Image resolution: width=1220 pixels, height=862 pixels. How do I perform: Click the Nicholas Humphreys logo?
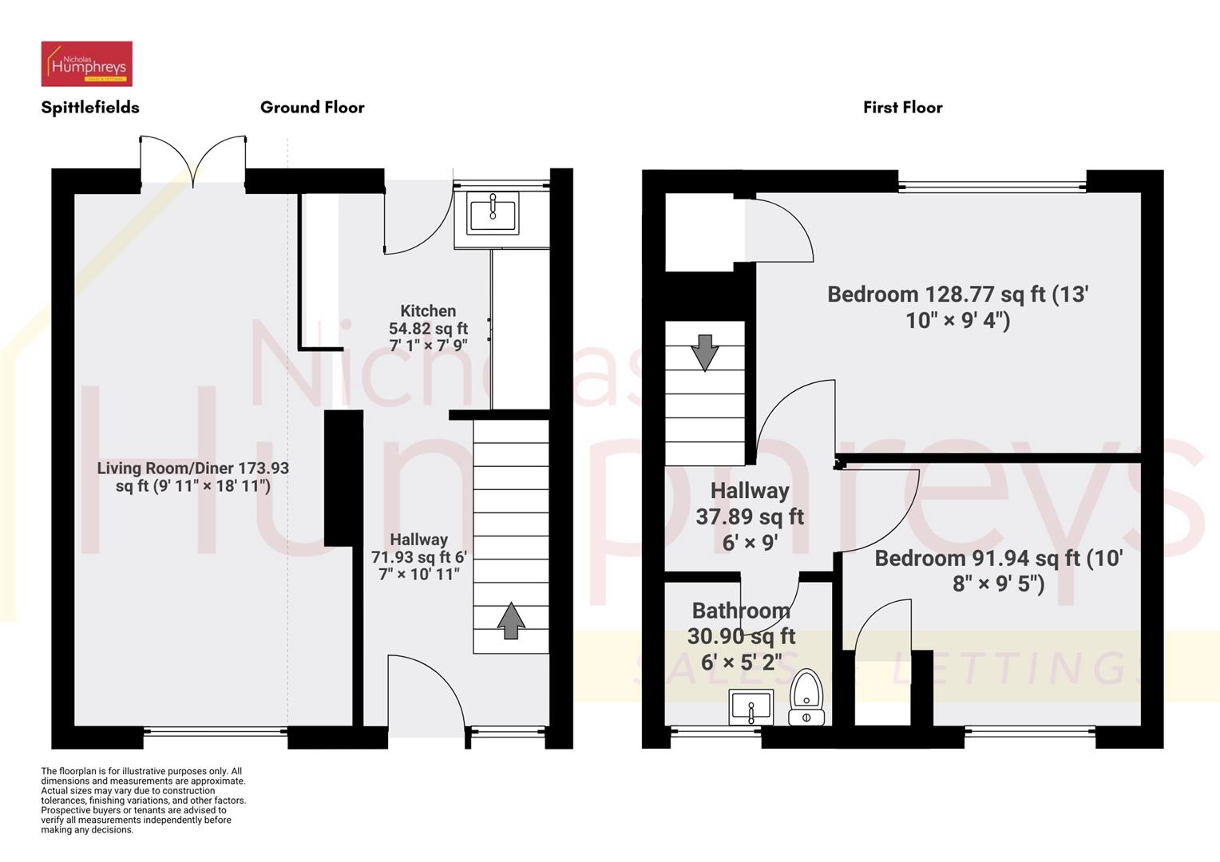click(86, 64)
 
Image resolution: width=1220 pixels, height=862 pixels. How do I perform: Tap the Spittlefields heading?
click(90, 107)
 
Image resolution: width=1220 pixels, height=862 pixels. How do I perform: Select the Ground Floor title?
click(312, 107)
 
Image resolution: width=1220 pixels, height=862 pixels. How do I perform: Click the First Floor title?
click(902, 107)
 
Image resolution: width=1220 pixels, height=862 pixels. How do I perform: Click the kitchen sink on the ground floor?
click(493, 213)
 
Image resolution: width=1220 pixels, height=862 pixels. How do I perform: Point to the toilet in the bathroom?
click(806, 697)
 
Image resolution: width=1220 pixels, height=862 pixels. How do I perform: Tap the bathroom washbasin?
click(751, 707)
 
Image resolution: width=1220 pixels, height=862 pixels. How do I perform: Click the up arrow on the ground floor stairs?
click(511, 621)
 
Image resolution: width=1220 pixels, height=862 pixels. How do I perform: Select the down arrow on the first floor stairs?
click(704, 353)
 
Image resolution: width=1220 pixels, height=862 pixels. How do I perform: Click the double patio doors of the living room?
click(193, 163)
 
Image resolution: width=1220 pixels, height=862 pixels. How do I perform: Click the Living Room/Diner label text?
click(193, 476)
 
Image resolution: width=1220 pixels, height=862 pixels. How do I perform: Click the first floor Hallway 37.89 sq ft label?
click(750, 516)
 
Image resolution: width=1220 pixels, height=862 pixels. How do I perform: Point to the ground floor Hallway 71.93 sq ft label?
click(419, 556)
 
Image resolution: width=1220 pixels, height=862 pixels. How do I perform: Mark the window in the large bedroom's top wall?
click(992, 188)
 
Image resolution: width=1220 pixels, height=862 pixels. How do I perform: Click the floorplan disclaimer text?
click(144, 801)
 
